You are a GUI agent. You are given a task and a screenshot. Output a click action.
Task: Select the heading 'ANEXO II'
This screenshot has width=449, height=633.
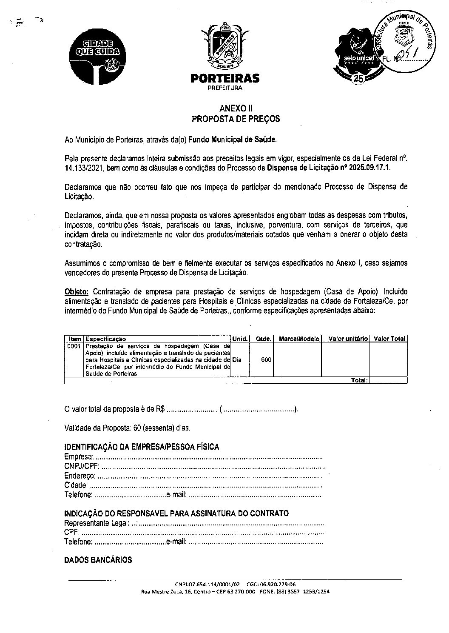[x=236, y=108]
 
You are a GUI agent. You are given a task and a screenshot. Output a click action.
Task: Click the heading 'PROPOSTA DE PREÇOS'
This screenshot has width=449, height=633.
[x=236, y=119]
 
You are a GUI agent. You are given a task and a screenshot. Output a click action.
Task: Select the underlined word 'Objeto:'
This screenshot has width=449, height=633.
[x=77, y=292]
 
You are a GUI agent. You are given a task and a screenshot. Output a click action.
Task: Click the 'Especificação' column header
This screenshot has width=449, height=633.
[x=106, y=339]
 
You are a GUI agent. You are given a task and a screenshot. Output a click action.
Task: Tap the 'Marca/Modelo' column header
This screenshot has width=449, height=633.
[x=297, y=339]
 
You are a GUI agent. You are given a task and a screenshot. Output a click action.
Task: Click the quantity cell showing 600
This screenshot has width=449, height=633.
[x=266, y=360]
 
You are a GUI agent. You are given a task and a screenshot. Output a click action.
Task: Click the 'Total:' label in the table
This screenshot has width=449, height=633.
[x=359, y=380]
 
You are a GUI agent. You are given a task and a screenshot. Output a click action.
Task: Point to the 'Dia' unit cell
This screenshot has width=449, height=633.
[x=237, y=360]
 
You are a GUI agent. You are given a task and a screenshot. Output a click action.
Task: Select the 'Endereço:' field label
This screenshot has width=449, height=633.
[x=80, y=476]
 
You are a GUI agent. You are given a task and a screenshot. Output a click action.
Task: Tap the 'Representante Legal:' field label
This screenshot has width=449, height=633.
[x=97, y=523]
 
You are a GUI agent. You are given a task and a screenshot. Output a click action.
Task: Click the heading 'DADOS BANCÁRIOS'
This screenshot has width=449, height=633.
[x=98, y=560]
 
